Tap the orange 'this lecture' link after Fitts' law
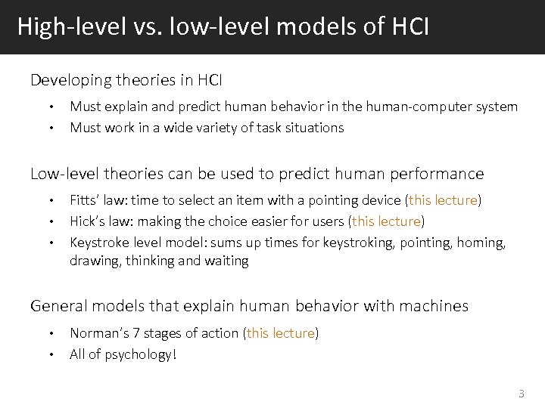coord(443,200)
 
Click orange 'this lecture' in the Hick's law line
coord(387,221)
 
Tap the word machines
coord(431,306)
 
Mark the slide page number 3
coord(521,394)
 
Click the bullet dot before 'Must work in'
coord(51,128)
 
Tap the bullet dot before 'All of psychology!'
coord(51,354)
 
